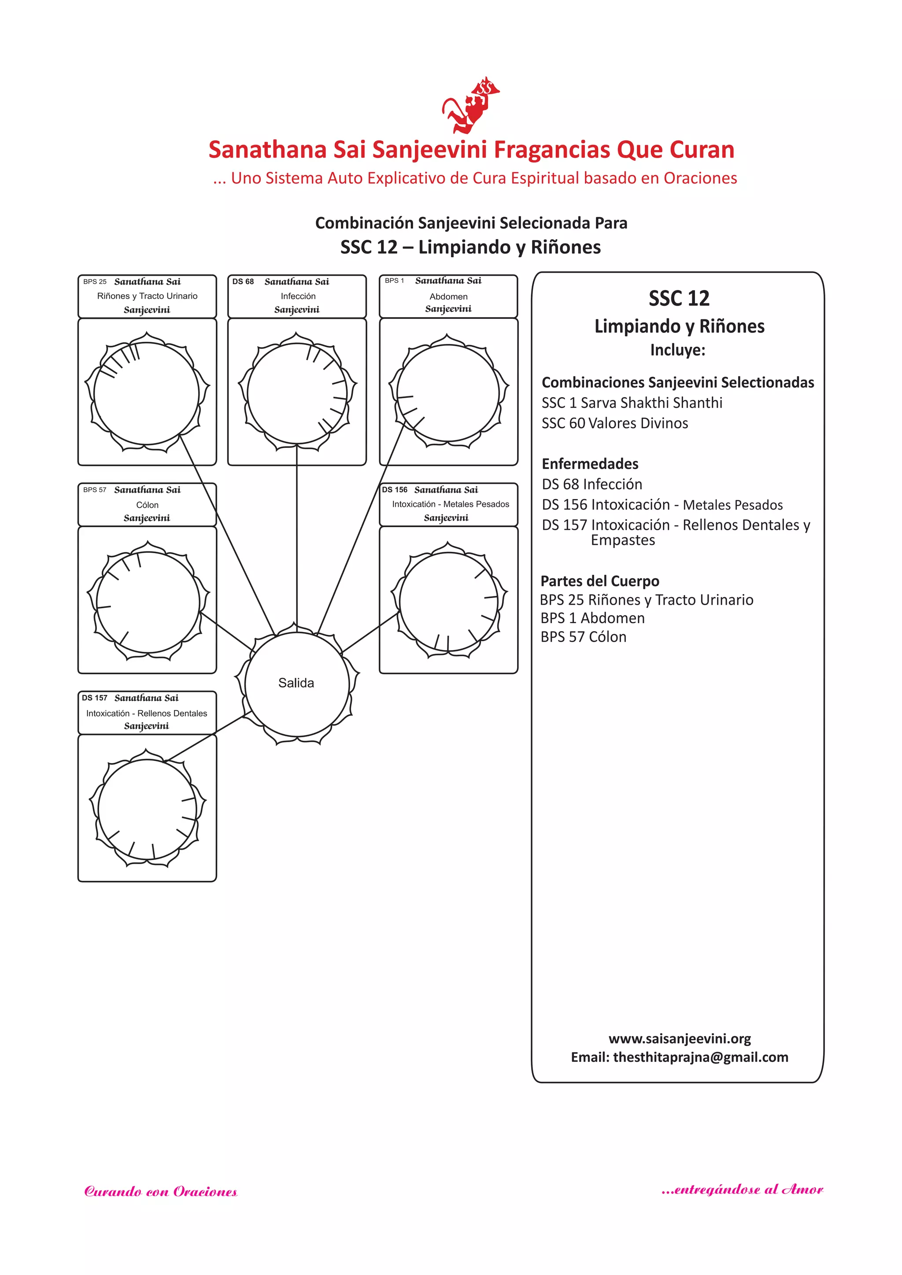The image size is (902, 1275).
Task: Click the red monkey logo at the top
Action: [470, 106]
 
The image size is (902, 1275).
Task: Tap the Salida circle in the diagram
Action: [296, 684]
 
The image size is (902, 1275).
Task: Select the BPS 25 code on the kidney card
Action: [94, 281]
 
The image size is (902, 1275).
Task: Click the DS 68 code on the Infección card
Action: [243, 281]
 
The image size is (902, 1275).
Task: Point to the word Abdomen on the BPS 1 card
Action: [448, 296]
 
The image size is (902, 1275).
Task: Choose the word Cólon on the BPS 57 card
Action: [147, 505]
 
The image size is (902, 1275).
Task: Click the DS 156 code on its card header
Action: [394, 490]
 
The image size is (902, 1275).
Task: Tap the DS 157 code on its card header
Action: [94, 698]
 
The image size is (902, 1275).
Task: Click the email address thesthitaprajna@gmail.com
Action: [700, 1057]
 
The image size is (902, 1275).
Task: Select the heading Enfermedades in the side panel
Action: [590, 464]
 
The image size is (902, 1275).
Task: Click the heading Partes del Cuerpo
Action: [600, 581]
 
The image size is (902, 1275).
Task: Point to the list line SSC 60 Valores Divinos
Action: [614, 423]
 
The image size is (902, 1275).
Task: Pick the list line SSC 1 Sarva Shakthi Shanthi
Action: [632, 403]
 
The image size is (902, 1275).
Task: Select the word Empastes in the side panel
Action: [623, 540]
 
